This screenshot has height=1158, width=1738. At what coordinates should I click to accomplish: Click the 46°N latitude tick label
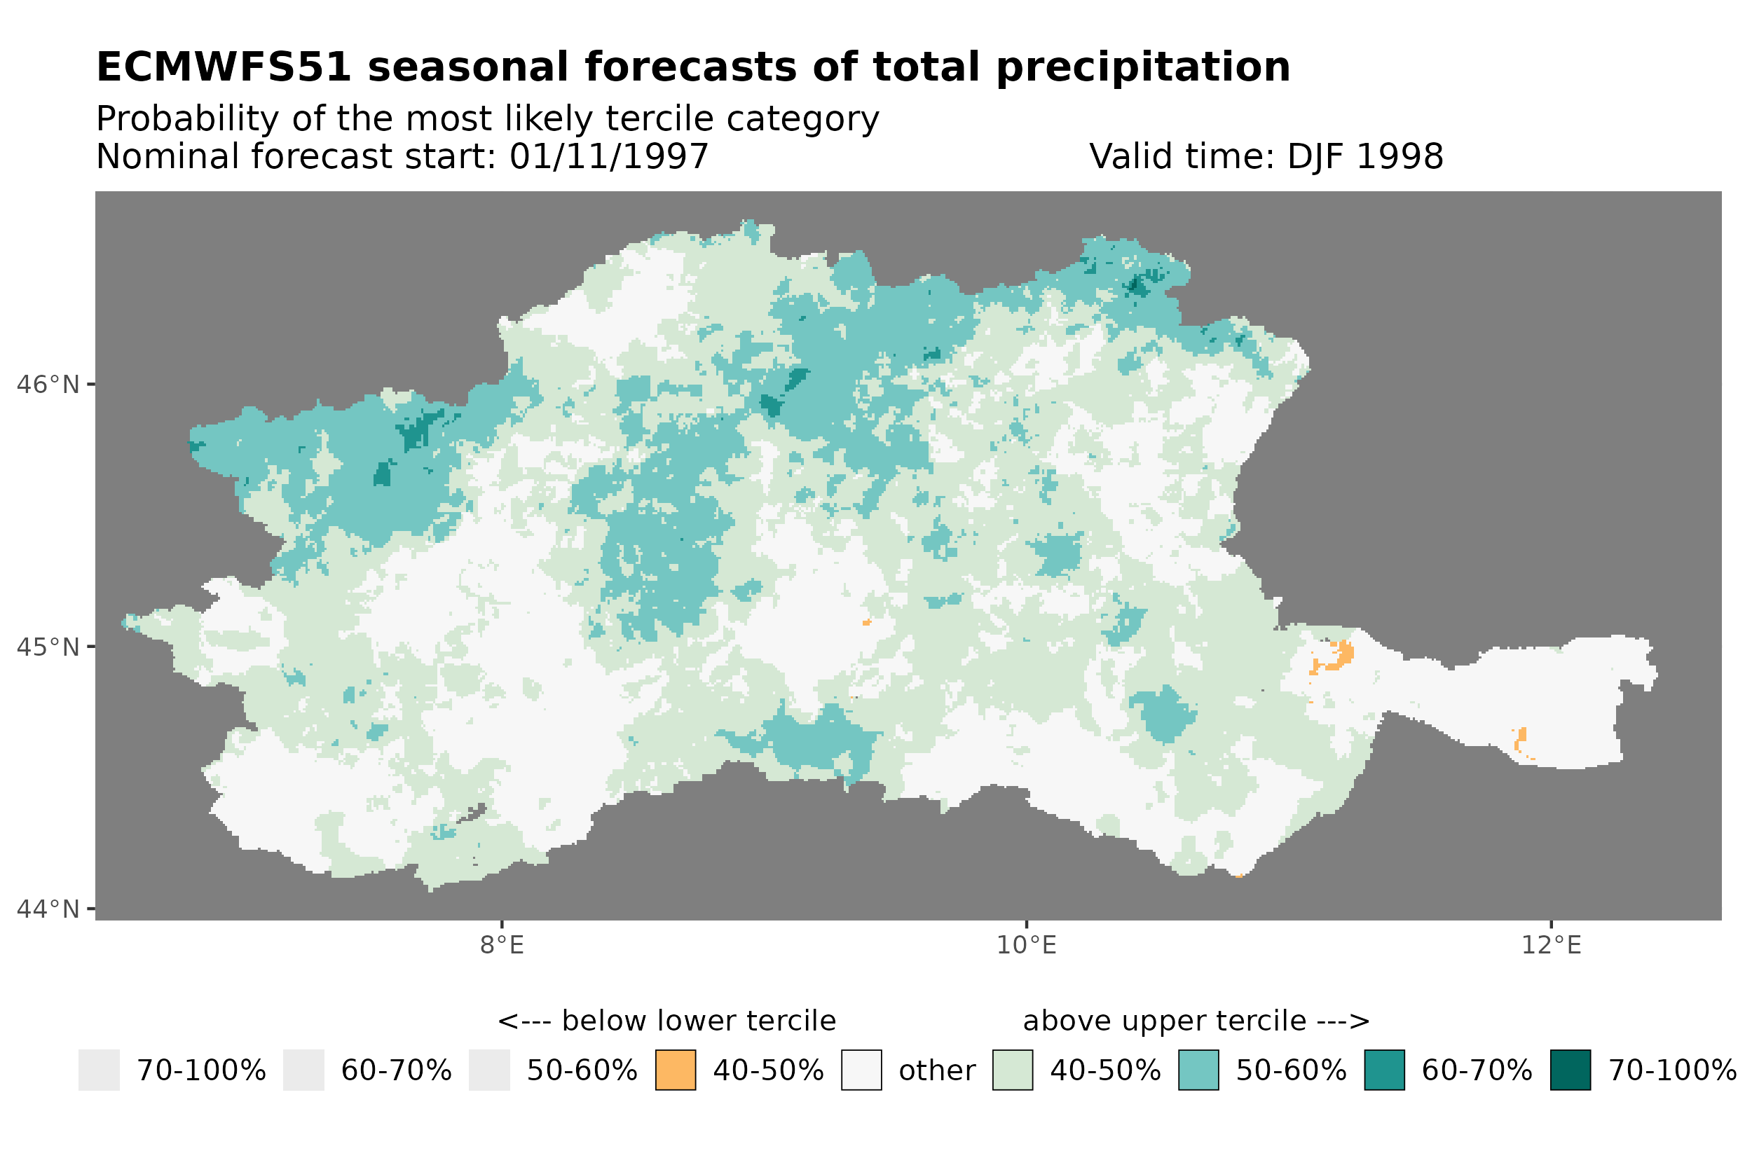point(47,385)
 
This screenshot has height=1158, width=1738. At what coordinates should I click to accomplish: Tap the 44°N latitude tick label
point(47,909)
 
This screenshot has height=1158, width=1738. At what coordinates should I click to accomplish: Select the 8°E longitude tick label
point(502,945)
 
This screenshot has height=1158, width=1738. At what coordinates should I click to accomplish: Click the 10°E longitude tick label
point(1026,945)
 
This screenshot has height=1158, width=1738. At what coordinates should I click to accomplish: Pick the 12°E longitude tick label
point(1550,945)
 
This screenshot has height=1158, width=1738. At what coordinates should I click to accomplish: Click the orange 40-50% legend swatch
point(675,1070)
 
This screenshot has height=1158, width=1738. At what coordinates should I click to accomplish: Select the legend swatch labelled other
point(861,1070)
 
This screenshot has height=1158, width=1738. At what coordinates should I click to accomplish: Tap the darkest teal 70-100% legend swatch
point(1570,1070)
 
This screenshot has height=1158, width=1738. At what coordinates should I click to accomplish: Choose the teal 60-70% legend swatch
point(1384,1070)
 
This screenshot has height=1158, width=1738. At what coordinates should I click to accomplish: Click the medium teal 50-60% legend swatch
point(1198,1070)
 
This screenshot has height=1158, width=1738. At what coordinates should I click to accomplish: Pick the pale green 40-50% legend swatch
point(1012,1070)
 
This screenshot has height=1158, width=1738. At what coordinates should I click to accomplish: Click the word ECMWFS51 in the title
point(223,67)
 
